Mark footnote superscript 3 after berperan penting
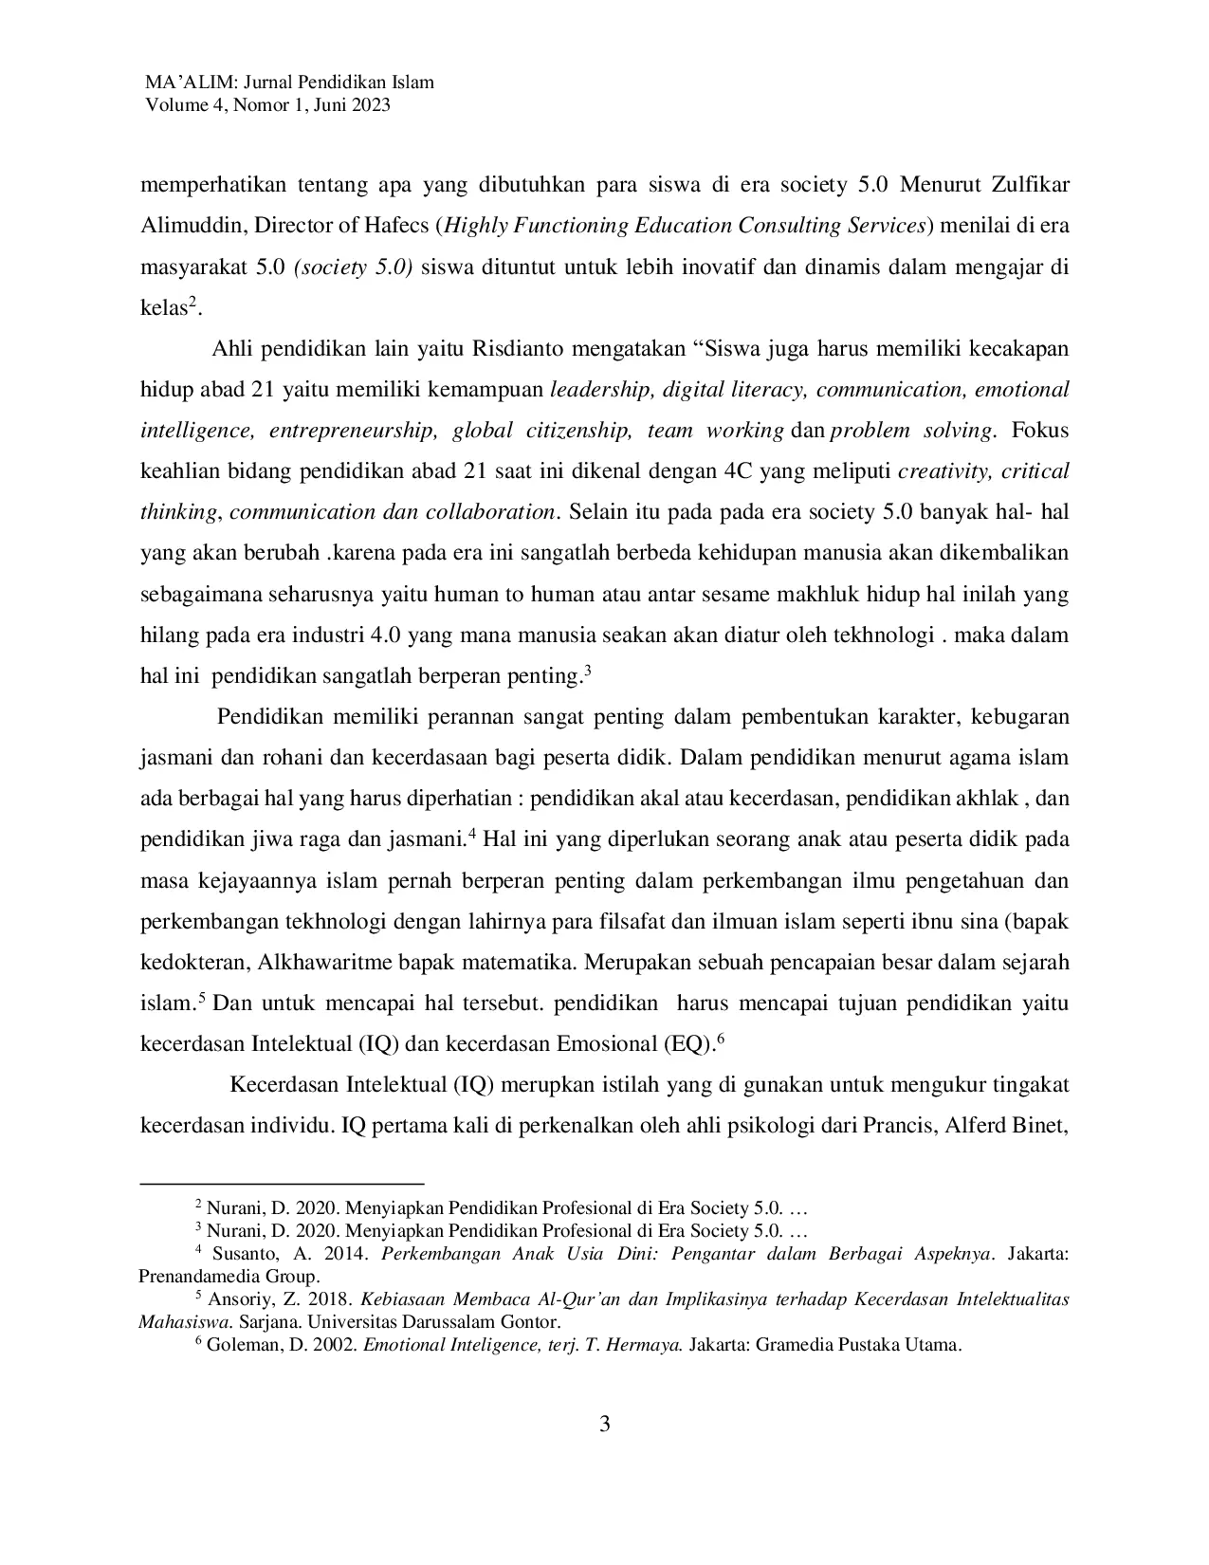(588, 671)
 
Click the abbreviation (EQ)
(688, 1044)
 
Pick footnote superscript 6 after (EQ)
(721, 1039)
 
